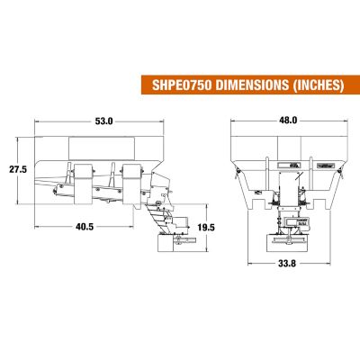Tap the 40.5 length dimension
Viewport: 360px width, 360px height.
point(85,228)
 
